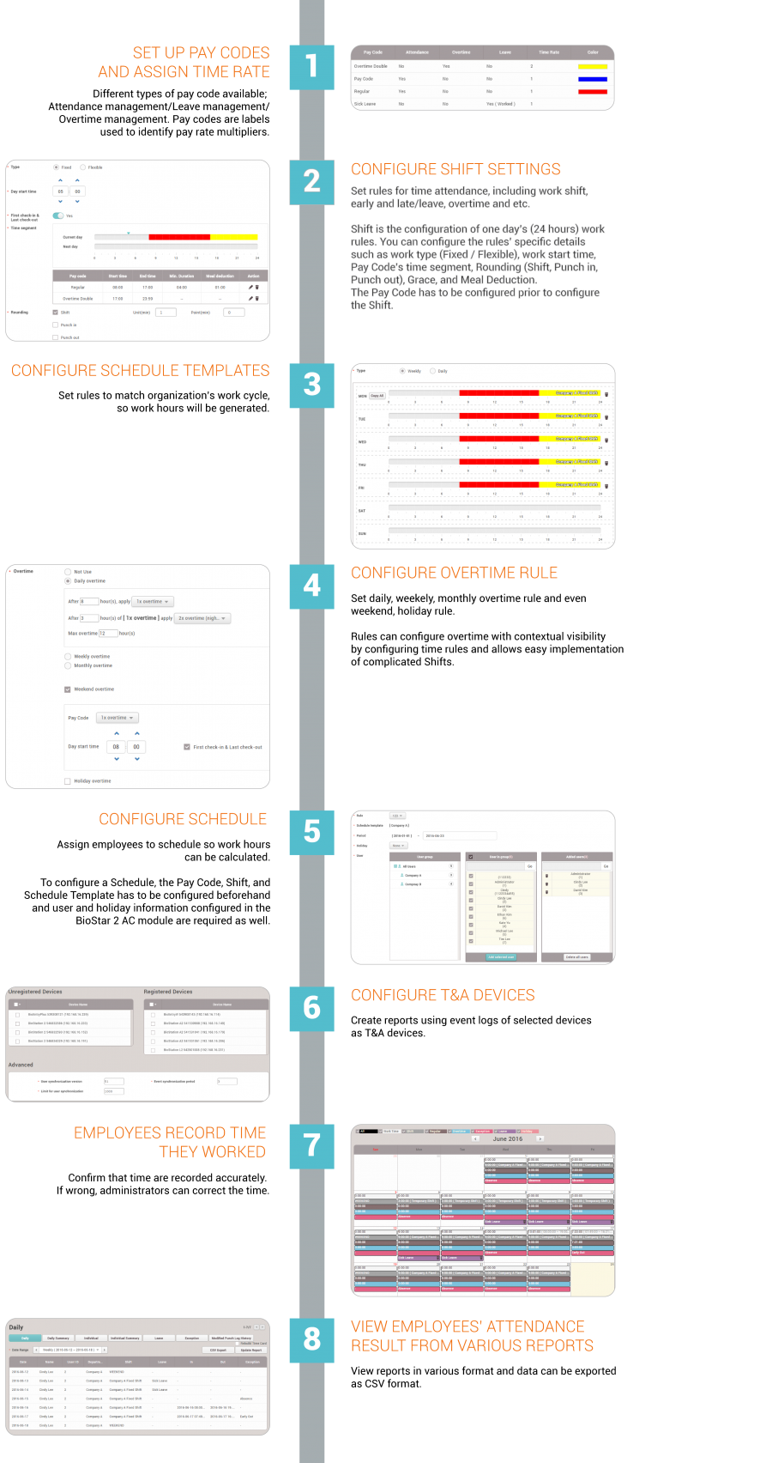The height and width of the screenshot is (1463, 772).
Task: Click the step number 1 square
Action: pyautogui.click(x=311, y=67)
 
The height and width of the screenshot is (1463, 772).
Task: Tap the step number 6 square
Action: pyautogui.click(x=311, y=1008)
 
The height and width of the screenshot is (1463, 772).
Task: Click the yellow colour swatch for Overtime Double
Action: pyautogui.click(x=593, y=66)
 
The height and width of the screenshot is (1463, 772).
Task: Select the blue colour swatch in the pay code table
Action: pyautogui.click(x=593, y=79)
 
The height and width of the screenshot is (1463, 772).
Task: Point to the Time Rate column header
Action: pyautogui.click(x=548, y=52)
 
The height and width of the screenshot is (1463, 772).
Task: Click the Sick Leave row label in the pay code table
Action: pyautogui.click(x=365, y=104)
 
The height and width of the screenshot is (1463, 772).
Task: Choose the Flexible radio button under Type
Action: pyautogui.click(x=82, y=167)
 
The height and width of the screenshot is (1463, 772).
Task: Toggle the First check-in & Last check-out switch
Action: pyautogui.click(x=58, y=216)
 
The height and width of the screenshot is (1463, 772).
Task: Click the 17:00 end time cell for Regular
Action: pyautogui.click(x=148, y=288)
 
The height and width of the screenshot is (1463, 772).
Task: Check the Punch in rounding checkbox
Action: pyautogui.click(x=56, y=325)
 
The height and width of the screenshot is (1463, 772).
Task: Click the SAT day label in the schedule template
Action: pyautogui.click(x=362, y=511)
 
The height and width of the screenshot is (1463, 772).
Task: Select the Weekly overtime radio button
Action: pyautogui.click(x=68, y=657)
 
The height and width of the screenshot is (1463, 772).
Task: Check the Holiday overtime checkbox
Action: pyautogui.click(x=68, y=781)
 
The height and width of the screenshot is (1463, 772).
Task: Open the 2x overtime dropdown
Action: pyautogui.click(x=202, y=618)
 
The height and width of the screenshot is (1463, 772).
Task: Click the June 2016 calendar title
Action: pyautogui.click(x=508, y=1139)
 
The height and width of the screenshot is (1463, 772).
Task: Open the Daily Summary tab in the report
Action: pyautogui.click(x=58, y=1338)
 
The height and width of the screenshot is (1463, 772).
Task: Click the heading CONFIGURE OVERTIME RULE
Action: pyautogui.click(x=454, y=573)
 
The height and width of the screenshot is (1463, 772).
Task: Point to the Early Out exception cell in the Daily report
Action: pyautogui.click(x=247, y=1417)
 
